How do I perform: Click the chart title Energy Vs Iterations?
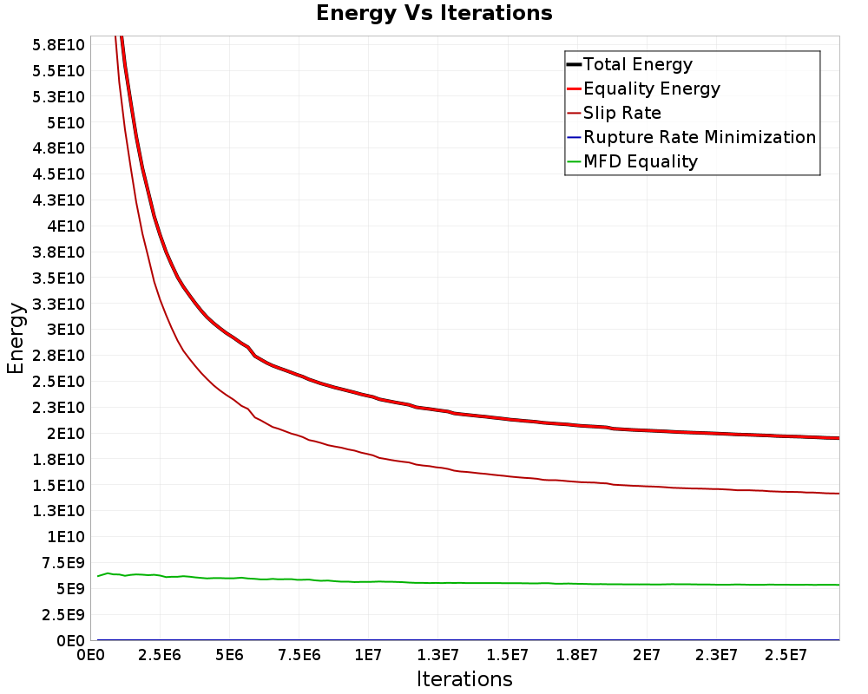434,13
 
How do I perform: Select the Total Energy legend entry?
637,64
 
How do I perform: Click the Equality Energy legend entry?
651,88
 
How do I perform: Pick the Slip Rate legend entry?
621,113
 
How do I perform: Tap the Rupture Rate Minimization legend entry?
699,137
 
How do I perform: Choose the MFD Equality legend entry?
640,161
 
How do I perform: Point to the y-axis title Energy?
16,338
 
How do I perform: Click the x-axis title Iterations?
464,679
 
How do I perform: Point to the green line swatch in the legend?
573,161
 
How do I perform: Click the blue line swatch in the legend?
573,137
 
